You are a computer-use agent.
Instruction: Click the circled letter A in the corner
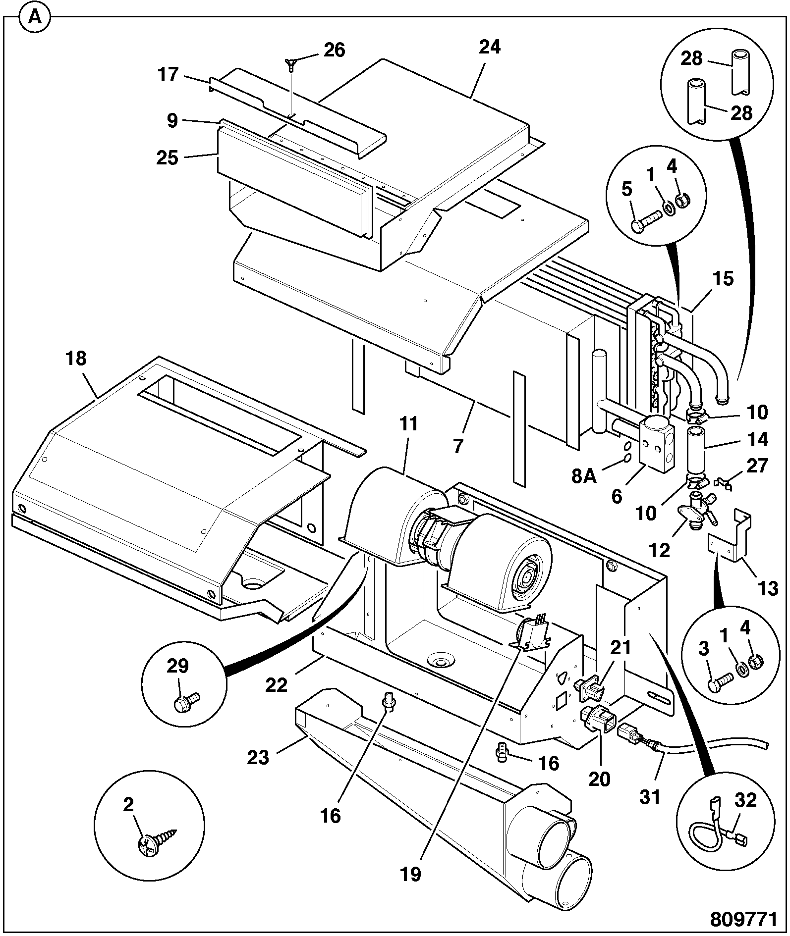point(34,17)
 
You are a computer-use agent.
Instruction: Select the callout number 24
point(490,47)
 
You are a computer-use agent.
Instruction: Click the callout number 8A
point(584,476)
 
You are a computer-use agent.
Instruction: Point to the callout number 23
point(258,757)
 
